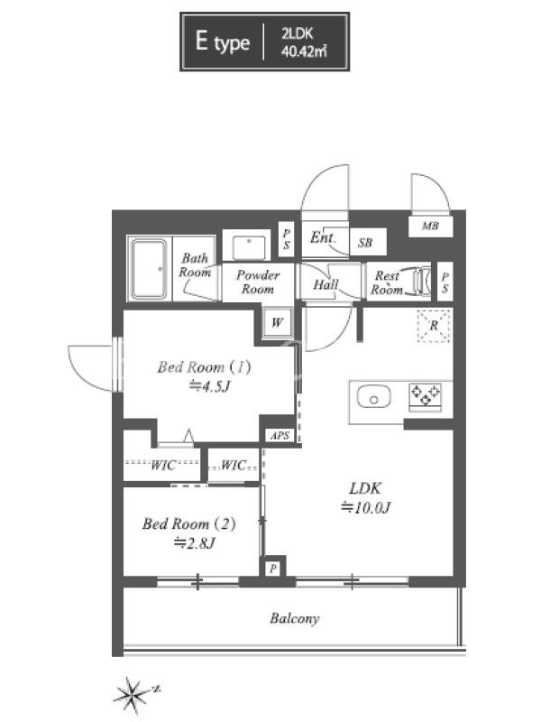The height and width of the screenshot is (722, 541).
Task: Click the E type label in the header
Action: pyautogui.click(x=223, y=42)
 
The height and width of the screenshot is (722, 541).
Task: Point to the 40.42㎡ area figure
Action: pyautogui.click(x=304, y=51)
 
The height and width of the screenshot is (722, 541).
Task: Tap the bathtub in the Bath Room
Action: pyautogui.click(x=149, y=269)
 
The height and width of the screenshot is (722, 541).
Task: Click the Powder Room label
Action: pyautogui.click(x=258, y=282)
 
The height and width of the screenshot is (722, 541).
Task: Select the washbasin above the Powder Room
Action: pyautogui.click(x=249, y=248)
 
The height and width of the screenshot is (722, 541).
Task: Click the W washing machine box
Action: pyautogui.click(x=277, y=323)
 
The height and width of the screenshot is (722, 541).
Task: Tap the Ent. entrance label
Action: pyautogui.click(x=323, y=237)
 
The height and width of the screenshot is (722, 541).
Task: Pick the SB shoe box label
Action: pyautogui.click(x=365, y=243)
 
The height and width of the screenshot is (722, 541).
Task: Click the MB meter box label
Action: pyautogui.click(x=431, y=227)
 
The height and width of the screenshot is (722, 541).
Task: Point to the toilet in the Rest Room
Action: pyautogui.click(x=422, y=281)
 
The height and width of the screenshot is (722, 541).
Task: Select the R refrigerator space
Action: pyautogui.click(x=434, y=326)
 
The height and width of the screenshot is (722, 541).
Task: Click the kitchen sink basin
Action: pyautogui.click(x=373, y=398)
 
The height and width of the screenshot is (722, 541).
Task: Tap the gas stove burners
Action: pyautogui.click(x=425, y=396)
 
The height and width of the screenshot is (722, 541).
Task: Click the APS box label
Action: pyautogui.click(x=280, y=435)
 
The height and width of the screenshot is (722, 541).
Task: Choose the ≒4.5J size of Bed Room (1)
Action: pyautogui.click(x=209, y=387)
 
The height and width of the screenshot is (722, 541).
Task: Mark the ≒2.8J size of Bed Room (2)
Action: pyautogui.click(x=193, y=544)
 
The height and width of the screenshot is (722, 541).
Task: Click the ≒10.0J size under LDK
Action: pyautogui.click(x=366, y=508)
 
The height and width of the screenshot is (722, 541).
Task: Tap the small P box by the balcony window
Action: pyautogui.click(x=273, y=569)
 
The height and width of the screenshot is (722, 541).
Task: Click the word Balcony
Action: pyautogui.click(x=295, y=618)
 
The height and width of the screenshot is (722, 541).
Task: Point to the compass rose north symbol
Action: pyautogui.click(x=133, y=693)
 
